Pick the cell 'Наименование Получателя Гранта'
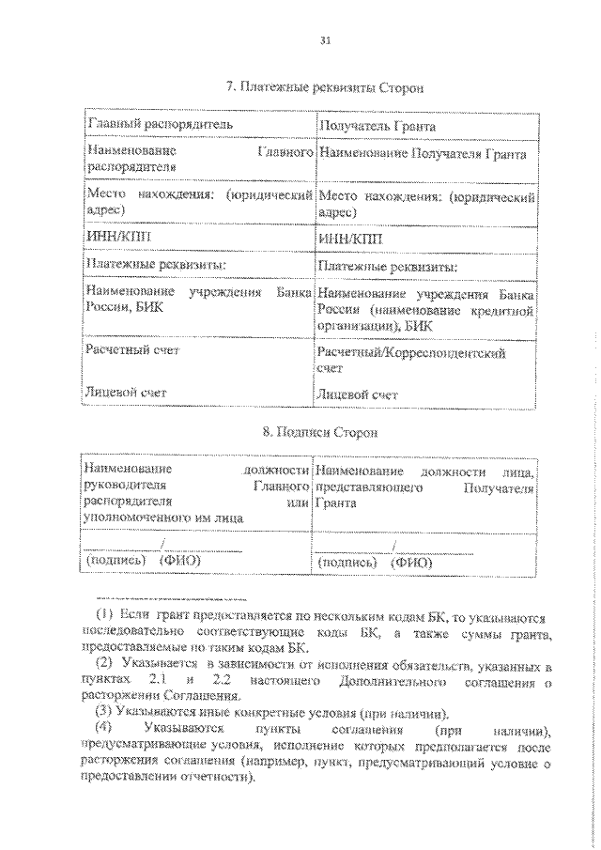(423, 152)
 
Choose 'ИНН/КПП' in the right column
(346, 240)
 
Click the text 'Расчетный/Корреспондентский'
(412, 354)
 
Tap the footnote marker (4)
(105, 728)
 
